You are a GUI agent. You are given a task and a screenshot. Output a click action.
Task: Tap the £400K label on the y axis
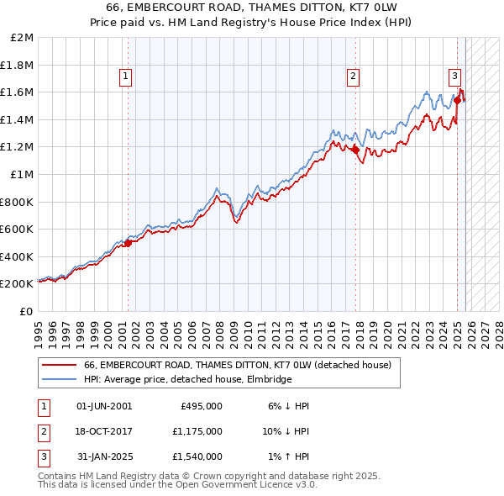tap(18, 256)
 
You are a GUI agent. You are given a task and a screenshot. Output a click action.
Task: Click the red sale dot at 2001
tap(128, 243)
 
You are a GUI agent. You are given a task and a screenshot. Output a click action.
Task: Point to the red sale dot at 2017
tap(355, 150)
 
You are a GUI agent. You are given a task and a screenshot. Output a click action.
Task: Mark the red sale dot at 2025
tap(458, 100)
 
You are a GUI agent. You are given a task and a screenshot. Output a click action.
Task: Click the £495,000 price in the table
tap(202, 405)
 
